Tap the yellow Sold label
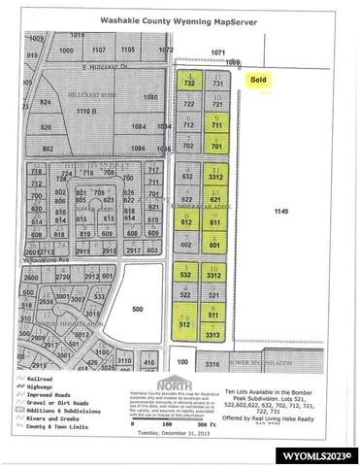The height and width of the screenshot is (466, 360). (258, 83)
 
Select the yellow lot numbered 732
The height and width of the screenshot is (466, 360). (189, 85)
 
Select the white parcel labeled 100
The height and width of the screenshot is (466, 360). (183, 362)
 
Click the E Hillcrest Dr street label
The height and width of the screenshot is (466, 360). (106, 66)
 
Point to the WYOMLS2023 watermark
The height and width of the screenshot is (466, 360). (319, 454)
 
